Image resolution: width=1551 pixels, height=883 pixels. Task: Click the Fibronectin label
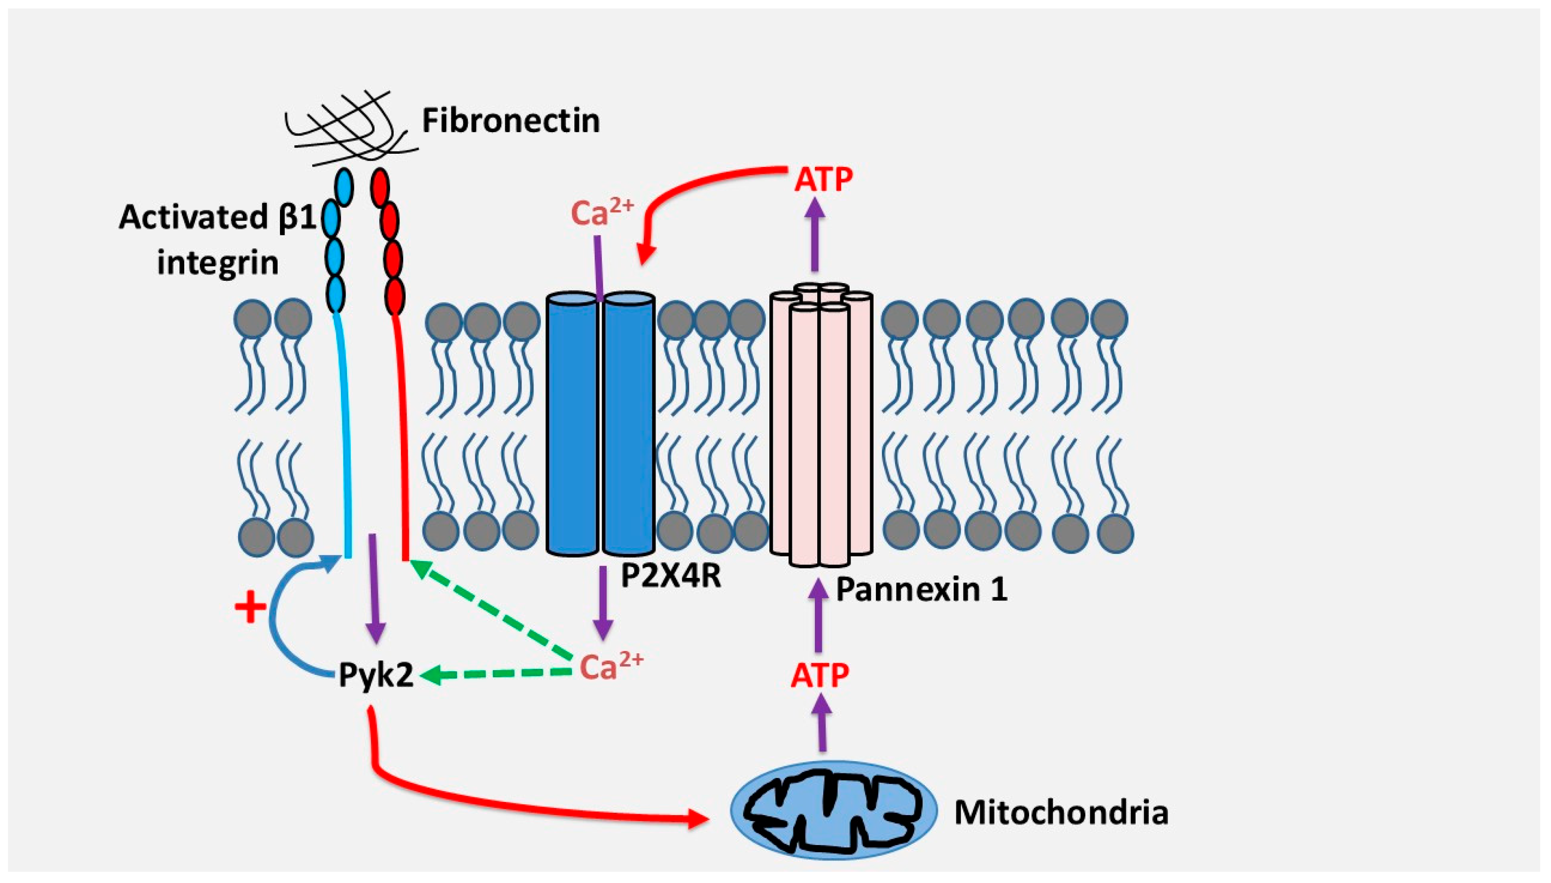(510, 120)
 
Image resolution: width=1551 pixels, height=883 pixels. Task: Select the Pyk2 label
(376, 675)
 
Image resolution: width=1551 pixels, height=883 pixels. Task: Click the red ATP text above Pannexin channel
(823, 179)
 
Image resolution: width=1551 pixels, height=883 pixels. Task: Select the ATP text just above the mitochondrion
(820, 675)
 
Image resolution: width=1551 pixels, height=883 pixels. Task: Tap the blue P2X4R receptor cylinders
(601, 425)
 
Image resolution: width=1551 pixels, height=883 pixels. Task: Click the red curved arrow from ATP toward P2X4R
(685, 188)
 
